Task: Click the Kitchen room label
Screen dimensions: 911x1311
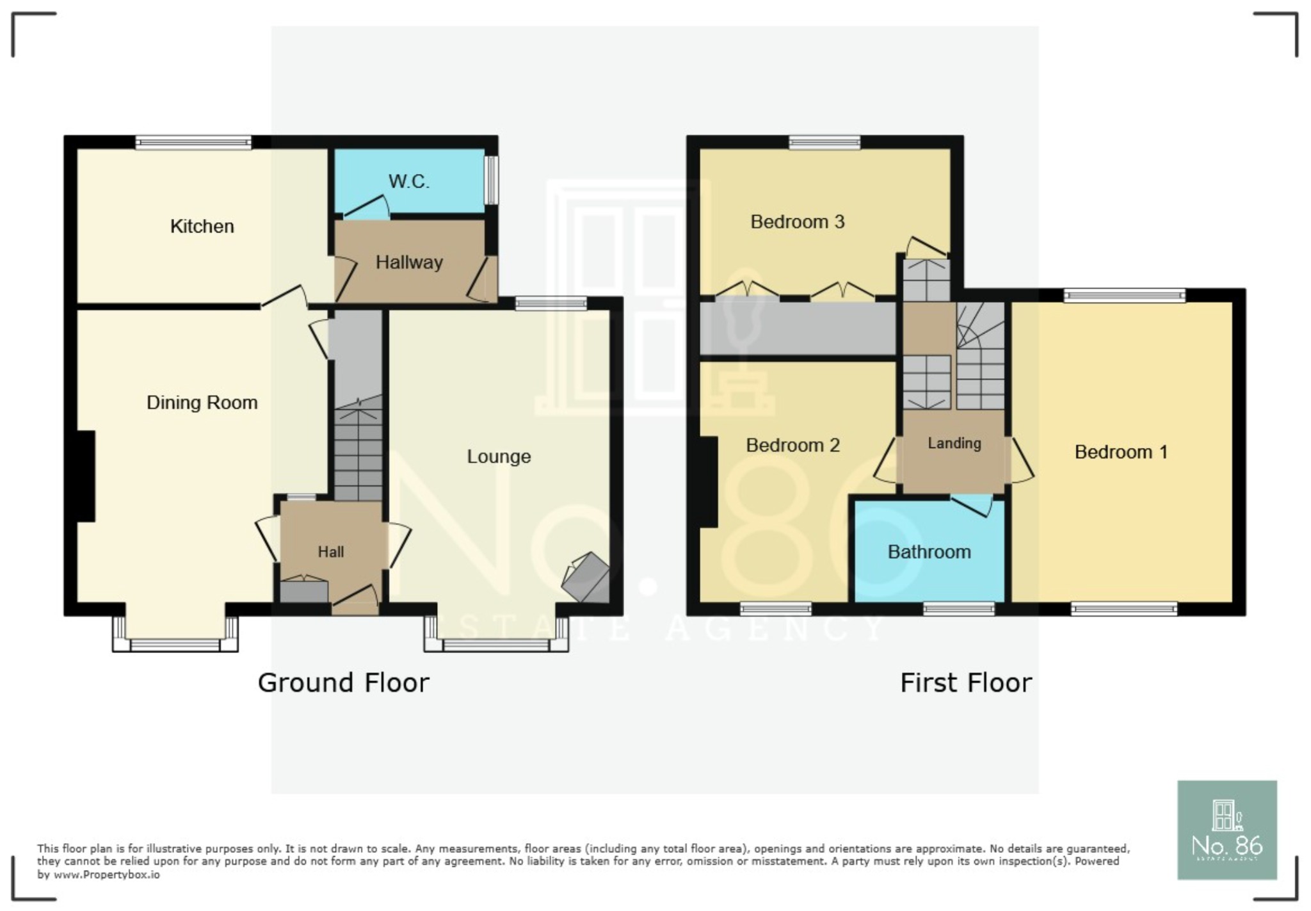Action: click(x=202, y=227)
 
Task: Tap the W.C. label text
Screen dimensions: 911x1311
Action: click(x=408, y=182)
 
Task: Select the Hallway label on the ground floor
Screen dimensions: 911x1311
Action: click(x=409, y=262)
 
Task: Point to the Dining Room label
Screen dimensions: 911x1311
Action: click(x=202, y=403)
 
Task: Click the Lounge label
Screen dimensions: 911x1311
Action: click(x=499, y=456)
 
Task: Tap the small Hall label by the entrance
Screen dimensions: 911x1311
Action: click(x=331, y=552)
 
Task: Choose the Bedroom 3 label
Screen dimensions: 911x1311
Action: click(x=797, y=222)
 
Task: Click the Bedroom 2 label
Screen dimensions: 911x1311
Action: click(x=792, y=446)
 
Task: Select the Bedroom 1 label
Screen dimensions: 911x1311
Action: click(x=1121, y=452)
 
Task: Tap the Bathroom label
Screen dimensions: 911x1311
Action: click(x=929, y=552)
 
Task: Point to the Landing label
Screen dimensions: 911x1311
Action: click(x=954, y=443)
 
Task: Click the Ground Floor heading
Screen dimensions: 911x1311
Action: click(x=343, y=683)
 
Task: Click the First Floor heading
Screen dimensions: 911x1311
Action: click(x=965, y=683)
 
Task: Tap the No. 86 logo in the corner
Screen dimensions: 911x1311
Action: click(x=1227, y=830)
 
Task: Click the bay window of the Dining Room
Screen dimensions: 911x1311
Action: click(x=175, y=644)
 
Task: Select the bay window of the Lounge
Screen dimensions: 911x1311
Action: click(x=496, y=644)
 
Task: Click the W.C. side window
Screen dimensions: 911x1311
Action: click(x=491, y=181)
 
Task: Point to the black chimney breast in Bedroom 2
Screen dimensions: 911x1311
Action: click(x=708, y=481)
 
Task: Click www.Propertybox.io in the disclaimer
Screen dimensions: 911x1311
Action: click(x=106, y=875)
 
